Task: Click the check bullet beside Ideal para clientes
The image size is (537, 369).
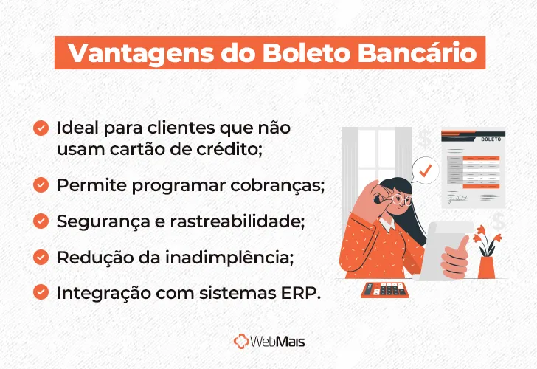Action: tap(41, 128)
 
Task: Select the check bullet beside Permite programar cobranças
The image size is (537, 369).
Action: tap(41, 185)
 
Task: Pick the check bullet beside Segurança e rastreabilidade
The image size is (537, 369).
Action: tap(41, 221)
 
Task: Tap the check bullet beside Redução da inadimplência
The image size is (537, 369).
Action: tap(41, 257)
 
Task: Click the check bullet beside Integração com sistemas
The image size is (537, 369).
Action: tap(41, 292)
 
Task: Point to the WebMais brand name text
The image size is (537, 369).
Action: tap(278, 342)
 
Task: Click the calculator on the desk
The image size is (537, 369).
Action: tap(384, 289)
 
